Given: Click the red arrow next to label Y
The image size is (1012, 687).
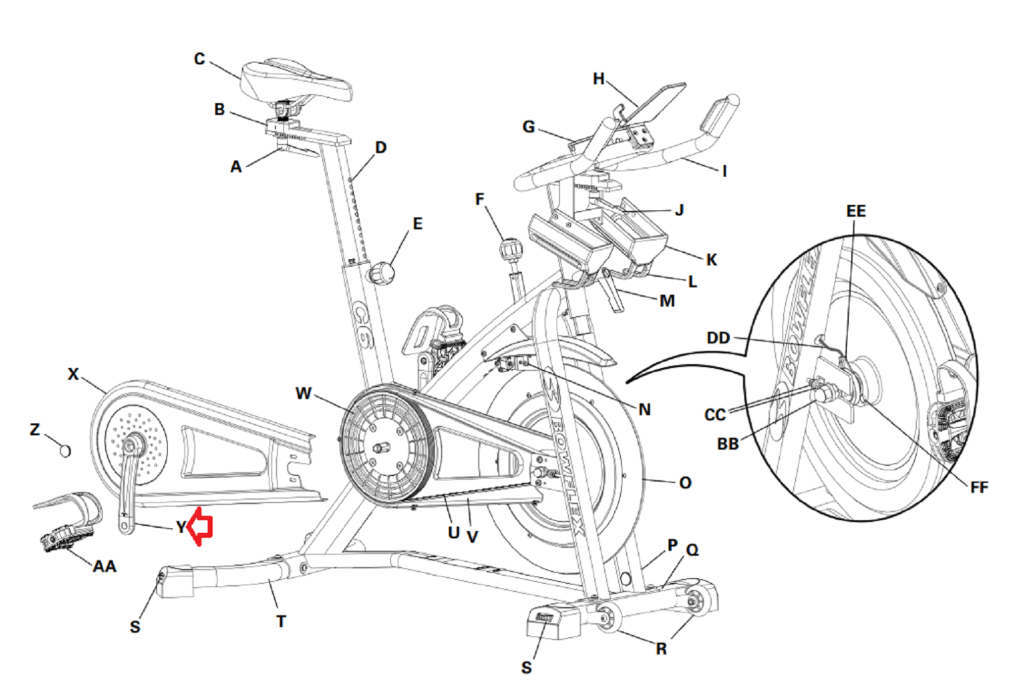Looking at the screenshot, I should pyautogui.click(x=201, y=526).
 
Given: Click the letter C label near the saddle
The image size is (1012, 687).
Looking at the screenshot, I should pyautogui.click(x=199, y=59).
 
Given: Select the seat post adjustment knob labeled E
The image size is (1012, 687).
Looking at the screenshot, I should pyautogui.click(x=382, y=274).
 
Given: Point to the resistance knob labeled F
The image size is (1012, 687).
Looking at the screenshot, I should pyautogui.click(x=510, y=249).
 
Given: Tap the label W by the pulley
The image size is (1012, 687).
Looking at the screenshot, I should pyautogui.click(x=304, y=393).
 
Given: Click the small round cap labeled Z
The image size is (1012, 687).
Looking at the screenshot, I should pyautogui.click(x=65, y=451).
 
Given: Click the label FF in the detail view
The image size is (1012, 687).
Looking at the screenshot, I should pyautogui.click(x=978, y=487).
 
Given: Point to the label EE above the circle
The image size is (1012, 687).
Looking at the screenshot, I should pyautogui.click(x=856, y=211).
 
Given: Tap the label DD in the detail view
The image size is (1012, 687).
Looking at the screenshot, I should pyautogui.click(x=718, y=338).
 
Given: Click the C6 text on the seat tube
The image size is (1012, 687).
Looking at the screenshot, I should pyautogui.click(x=363, y=326).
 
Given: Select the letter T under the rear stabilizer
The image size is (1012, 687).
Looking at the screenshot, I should pyautogui.click(x=281, y=621).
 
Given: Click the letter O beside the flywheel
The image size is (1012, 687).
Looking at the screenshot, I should pyautogui.click(x=685, y=483).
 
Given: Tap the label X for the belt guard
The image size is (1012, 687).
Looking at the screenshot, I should pyautogui.click(x=73, y=374).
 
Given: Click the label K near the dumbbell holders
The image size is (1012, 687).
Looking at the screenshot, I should pyautogui.click(x=712, y=260).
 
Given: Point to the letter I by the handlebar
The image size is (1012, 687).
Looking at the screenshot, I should pyautogui.click(x=725, y=171).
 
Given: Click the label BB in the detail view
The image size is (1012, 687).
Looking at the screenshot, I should pyautogui.click(x=728, y=444).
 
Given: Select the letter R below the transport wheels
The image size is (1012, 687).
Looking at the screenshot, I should pyautogui.click(x=661, y=648).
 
